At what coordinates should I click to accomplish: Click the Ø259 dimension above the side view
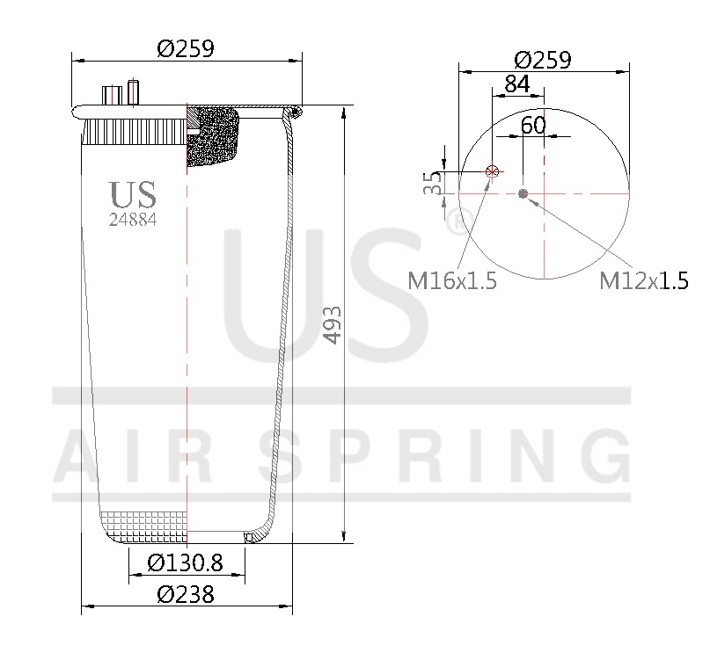click(186, 49)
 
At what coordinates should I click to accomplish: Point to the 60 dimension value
click(533, 125)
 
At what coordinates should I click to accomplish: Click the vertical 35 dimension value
click(433, 183)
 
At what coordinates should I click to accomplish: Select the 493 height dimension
click(332, 325)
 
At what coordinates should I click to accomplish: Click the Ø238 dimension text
click(186, 594)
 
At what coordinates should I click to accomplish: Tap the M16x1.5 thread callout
click(452, 281)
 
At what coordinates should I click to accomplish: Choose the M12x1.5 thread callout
click(643, 281)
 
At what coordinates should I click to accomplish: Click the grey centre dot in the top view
click(523, 193)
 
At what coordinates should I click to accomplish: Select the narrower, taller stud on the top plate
click(134, 91)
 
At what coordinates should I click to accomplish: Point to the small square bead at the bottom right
click(249, 536)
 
